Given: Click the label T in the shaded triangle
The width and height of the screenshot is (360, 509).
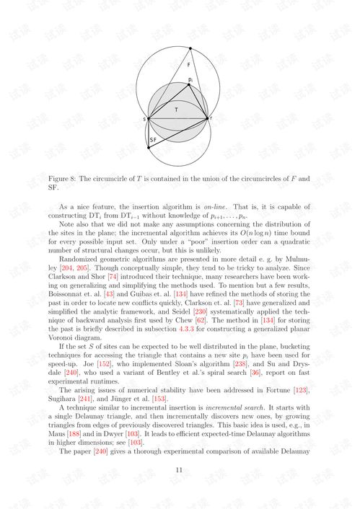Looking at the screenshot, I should pyautogui.click(x=175, y=109).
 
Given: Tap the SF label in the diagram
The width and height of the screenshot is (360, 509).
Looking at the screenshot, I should pyautogui.click(x=154, y=139).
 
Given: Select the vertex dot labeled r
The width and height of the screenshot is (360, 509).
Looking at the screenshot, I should pyautogui.click(x=207, y=118).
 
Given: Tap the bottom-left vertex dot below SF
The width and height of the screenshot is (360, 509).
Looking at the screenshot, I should pyautogui.click(x=149, y=149).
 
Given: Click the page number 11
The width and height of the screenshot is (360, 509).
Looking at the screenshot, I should pyautogui.click(x=180, y=469).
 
